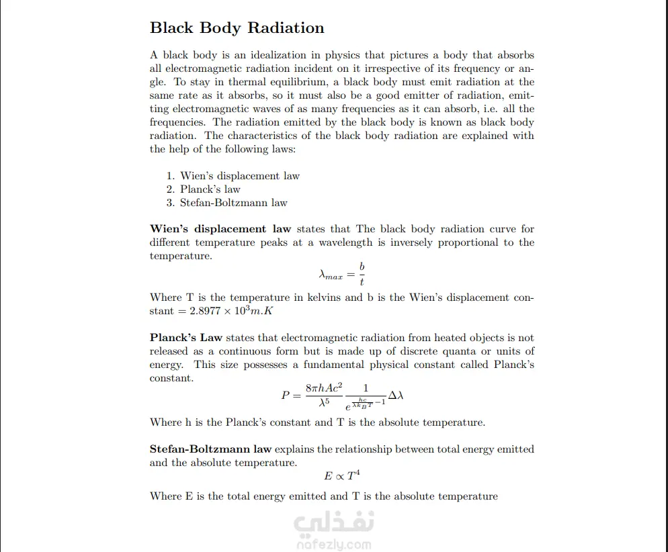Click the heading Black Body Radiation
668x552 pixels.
237,28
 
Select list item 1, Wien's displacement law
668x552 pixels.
233,176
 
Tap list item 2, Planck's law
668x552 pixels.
203,189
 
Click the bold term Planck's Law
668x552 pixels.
186,338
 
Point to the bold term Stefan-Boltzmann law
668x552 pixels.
210,449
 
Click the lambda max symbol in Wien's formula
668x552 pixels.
330,275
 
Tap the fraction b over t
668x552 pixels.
362,274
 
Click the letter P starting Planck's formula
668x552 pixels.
285,396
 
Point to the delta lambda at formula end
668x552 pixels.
396,395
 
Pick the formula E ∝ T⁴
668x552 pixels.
342,476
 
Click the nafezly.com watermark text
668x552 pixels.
333,545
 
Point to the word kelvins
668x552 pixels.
324,297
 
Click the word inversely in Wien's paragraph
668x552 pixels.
412,242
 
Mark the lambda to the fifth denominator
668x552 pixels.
323,403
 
